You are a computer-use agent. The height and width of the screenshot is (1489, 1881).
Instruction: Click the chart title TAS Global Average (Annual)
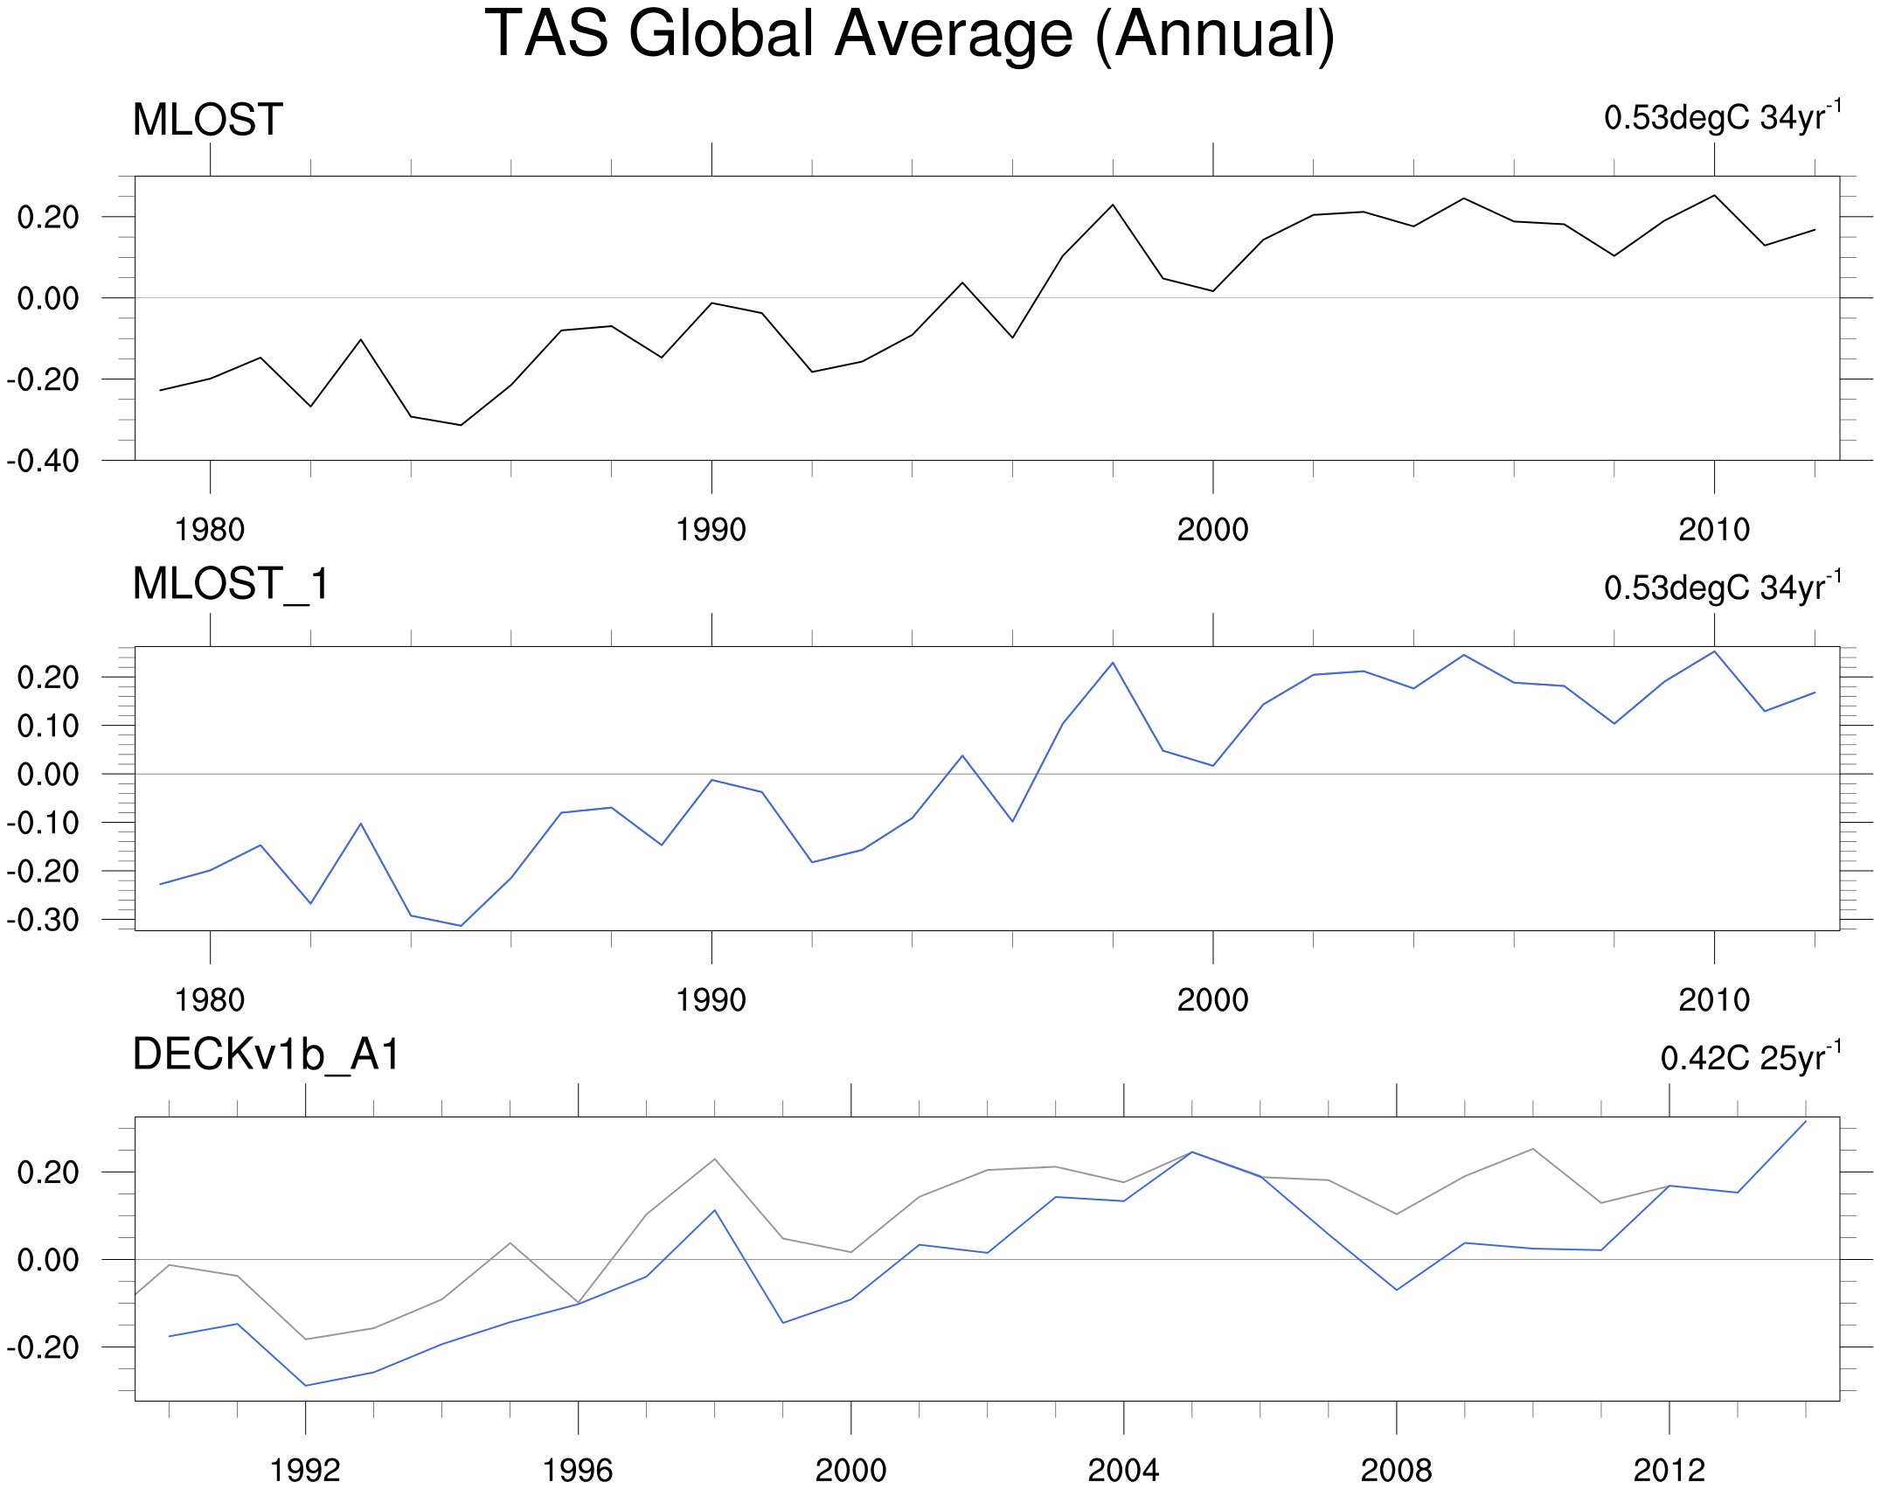909,35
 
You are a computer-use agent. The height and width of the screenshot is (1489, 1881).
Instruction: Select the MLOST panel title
207,120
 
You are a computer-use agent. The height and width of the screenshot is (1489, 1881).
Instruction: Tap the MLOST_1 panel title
231,584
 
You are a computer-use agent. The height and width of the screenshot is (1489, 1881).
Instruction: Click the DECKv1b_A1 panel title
266,1054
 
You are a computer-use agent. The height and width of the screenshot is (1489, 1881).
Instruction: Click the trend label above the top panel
1722,117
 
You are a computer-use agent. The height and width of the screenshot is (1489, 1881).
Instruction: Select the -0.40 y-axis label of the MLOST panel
42,461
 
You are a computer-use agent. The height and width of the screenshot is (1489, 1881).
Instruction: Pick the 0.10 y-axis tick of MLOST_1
47,726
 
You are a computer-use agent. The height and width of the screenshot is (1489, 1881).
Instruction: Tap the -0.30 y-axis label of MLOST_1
42,920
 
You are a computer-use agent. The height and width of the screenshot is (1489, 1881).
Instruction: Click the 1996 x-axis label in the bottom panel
578,1471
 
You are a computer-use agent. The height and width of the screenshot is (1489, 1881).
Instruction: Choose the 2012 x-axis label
1669,1471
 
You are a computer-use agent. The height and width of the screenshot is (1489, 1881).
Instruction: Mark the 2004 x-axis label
1123,1471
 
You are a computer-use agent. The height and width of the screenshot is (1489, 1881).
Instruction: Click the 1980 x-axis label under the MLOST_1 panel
210,1000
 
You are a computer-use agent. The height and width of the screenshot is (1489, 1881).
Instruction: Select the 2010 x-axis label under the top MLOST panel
1714,530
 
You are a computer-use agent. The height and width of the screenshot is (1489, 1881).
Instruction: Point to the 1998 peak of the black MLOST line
1113,205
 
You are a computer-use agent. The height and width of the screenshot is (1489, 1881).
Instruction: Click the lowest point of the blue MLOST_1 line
461,926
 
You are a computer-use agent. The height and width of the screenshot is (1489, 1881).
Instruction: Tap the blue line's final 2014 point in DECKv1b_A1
1806,1122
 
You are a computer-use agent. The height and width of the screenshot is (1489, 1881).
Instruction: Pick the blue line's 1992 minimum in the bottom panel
305,1386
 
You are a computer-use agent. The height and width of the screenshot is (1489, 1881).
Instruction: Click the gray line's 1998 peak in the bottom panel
715,1159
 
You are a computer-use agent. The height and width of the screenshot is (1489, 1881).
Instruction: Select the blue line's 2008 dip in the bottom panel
1397,1290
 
